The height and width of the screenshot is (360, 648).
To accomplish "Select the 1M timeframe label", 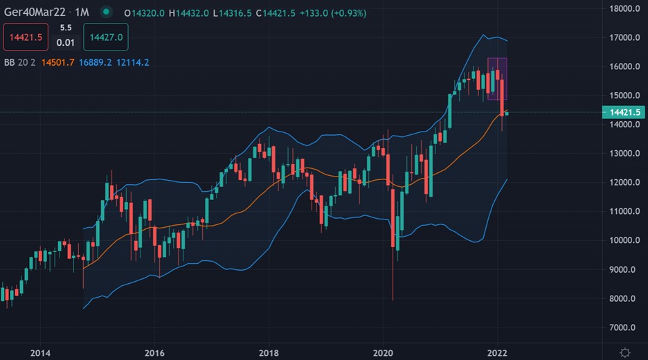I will click(81, 12).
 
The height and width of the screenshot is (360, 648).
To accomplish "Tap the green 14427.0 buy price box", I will click(106, 37).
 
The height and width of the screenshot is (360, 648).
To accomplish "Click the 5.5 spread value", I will click(66, 28).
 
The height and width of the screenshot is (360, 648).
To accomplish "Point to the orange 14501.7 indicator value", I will click(58, 62).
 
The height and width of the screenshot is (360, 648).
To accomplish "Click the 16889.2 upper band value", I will click(96, 62).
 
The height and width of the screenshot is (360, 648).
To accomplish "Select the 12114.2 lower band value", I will click(134, 62).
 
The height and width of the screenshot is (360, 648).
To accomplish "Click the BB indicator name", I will click(10, 62).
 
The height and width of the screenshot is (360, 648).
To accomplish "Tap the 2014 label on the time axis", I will click(40, 352).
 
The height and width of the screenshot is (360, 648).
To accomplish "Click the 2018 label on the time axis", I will click(268, 352).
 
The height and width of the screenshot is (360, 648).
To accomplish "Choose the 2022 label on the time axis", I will click(496, 352).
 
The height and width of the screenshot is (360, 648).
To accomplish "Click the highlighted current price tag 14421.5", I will click(624, 112).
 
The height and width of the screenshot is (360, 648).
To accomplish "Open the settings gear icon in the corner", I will click(625, 352).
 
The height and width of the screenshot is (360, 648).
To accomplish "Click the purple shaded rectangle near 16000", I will click(497, 78).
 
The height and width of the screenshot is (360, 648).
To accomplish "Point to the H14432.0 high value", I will click(189, 12).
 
